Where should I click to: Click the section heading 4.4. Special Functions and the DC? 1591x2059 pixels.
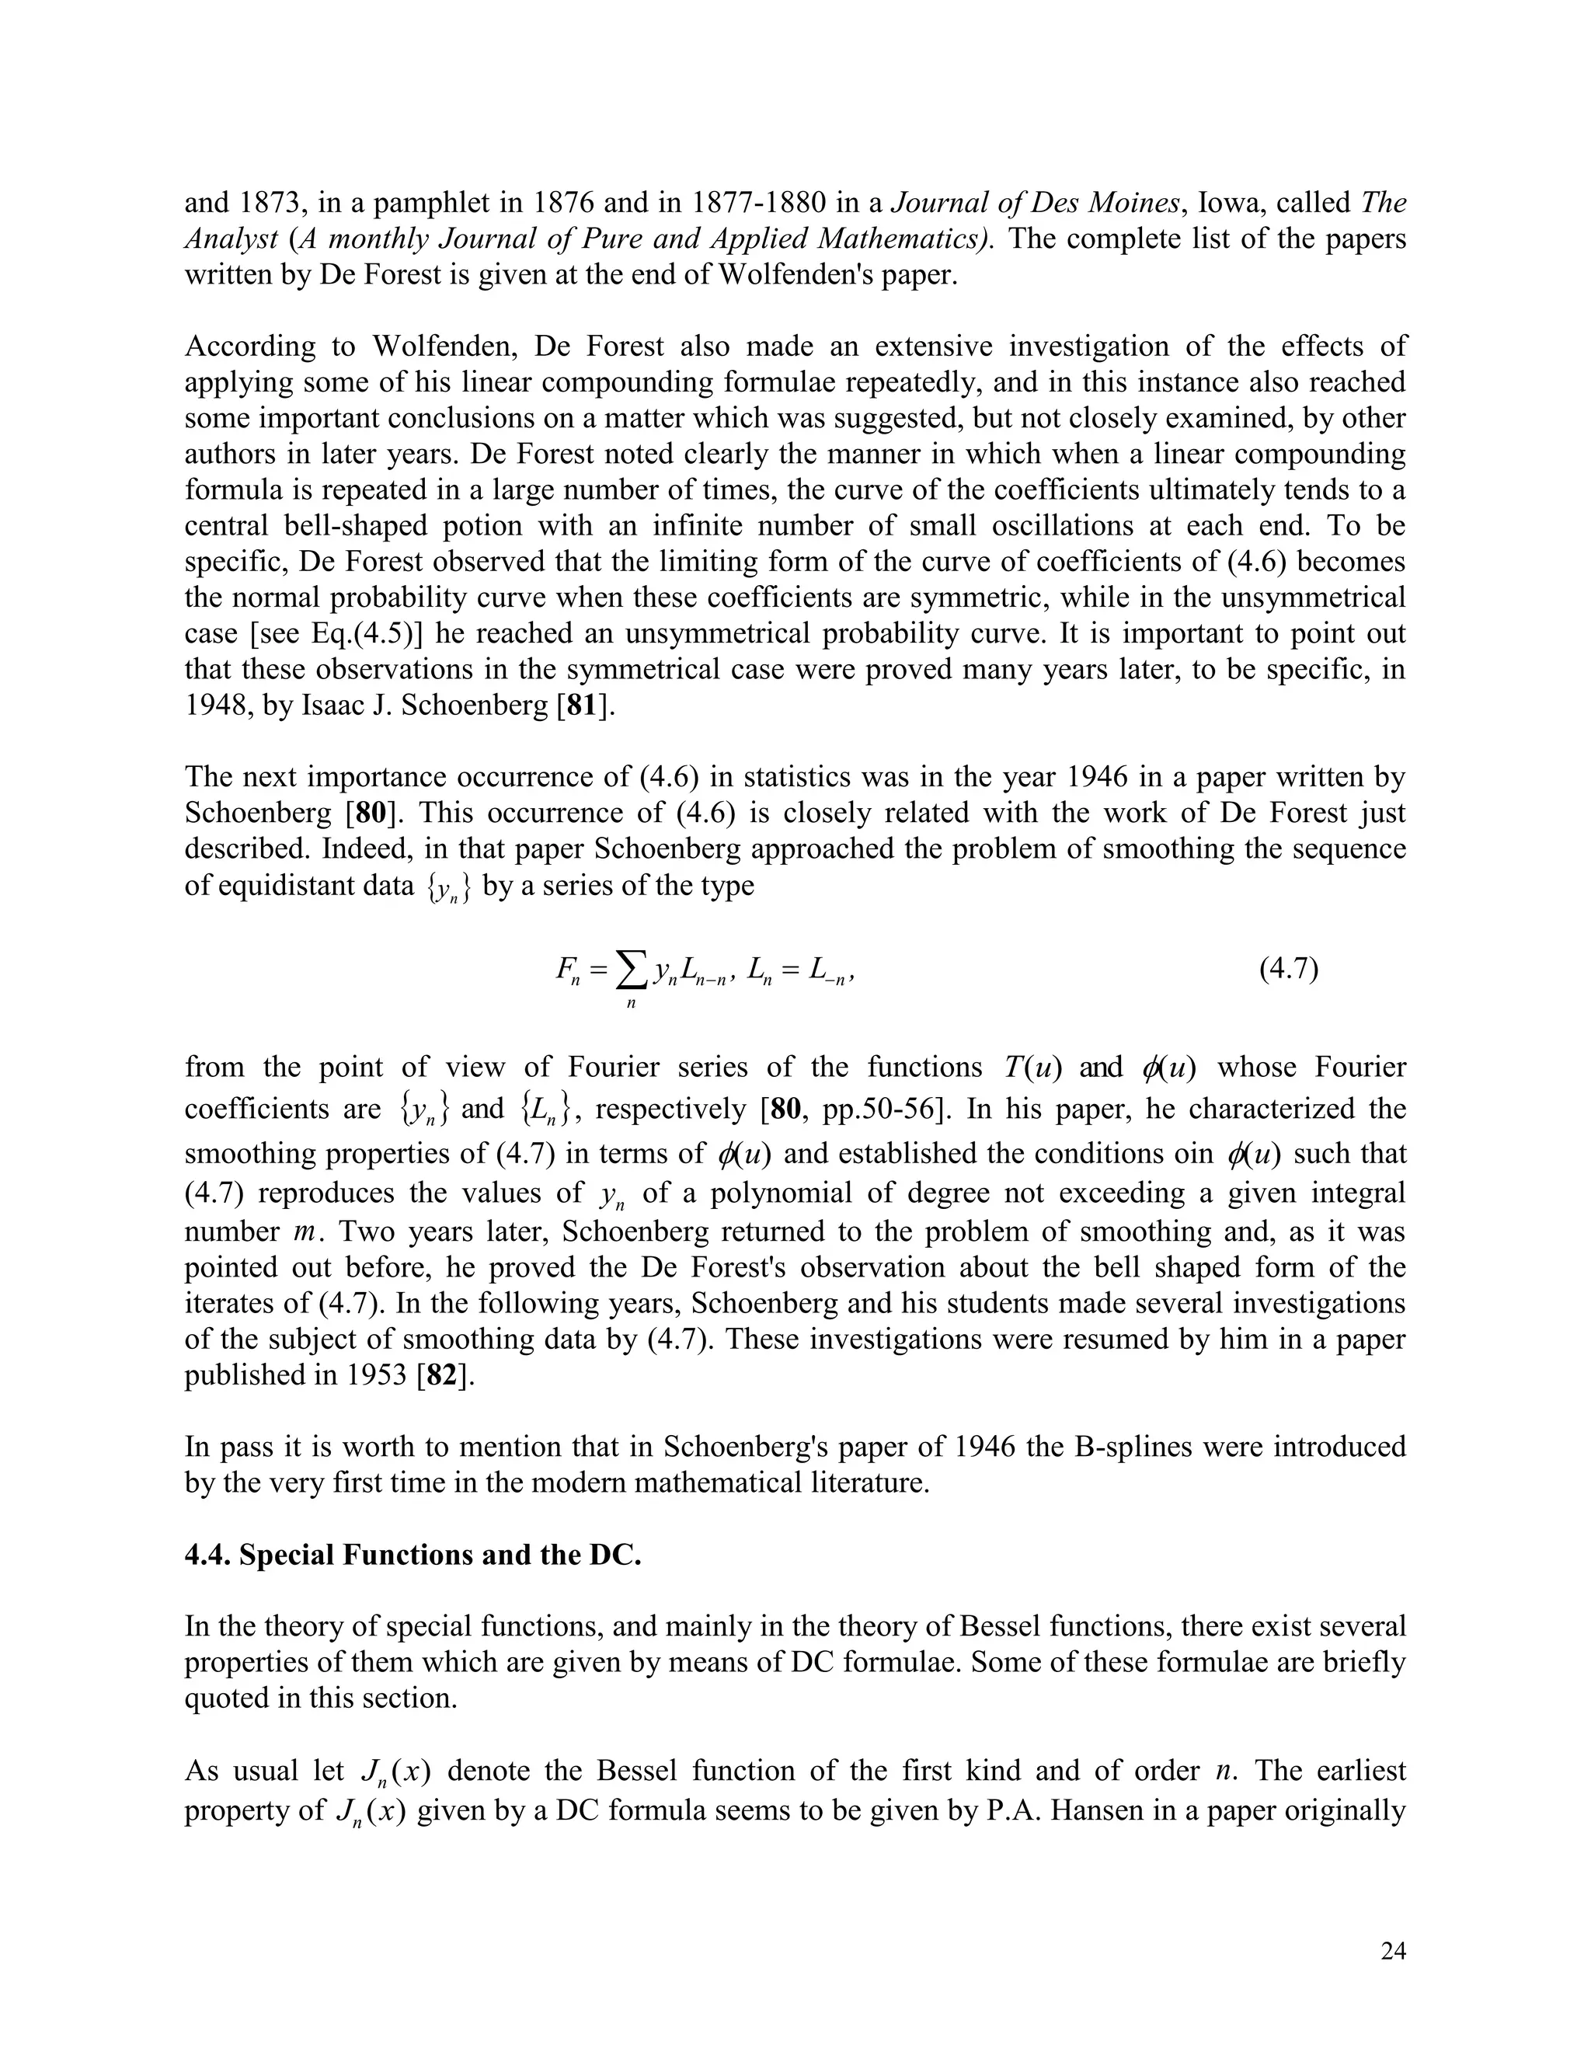(413, 1555)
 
